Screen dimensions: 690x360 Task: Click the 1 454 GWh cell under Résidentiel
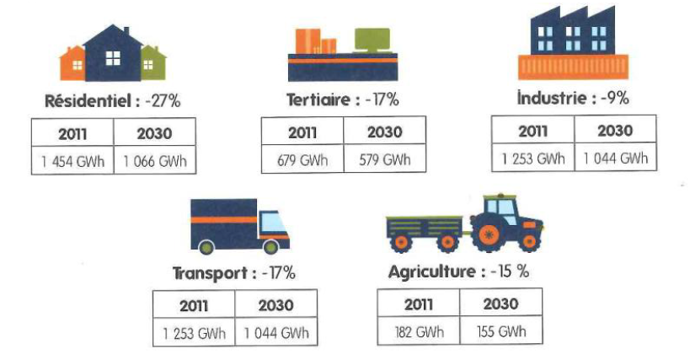[72, 161]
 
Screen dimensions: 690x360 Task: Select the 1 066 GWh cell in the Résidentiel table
[155, 161]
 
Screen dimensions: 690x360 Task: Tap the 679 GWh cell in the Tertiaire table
[302, 159]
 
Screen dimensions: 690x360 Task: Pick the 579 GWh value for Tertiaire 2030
[385, 159]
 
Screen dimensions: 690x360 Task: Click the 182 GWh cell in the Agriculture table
[419, 331]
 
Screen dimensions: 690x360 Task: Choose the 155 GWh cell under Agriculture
[501, 330]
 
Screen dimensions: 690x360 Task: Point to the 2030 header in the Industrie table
[615, 131]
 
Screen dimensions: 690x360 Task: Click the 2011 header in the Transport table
[194, 305]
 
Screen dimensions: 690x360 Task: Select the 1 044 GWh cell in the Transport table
[276, 332]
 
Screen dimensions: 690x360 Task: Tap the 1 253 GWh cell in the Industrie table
[533, 158]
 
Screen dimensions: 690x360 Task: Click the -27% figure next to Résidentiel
[163, 101]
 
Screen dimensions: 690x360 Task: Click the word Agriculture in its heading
[431, 271]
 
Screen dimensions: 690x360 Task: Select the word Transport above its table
[210, 273]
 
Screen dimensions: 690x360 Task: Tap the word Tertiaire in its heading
[318, 99]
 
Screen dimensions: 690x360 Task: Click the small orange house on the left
[72, 64]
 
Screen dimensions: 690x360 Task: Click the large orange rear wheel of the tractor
[488, 235]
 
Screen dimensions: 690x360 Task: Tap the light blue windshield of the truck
[273, 222]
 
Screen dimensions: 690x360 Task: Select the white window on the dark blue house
[113, 57]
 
